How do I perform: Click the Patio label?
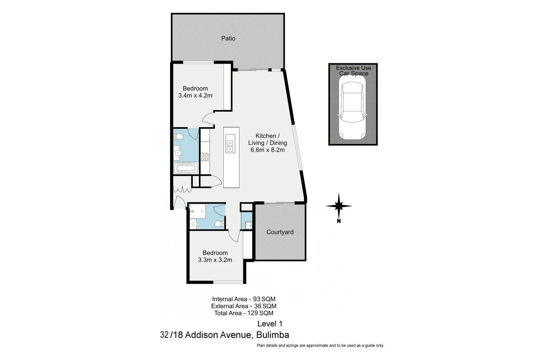pos(228,38)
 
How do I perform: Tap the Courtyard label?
pos(280,232)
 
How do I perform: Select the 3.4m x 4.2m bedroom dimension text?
pos(195,95)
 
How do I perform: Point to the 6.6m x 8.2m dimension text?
pos(267,150)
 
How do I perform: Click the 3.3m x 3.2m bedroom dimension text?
pos(215,260)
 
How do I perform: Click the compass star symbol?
pos(339,206)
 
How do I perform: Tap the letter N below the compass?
pos(339,221)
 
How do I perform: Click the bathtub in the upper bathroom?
pos(186,168)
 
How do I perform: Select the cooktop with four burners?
pos(204,157)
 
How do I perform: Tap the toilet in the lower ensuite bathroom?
pos(219,224)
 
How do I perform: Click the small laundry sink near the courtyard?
pos(248,226)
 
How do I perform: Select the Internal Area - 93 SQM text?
pos(244,299)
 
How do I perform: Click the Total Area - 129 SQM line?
pos(244,313)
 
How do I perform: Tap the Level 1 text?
pos(270,323)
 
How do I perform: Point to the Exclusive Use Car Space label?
pos(353,70)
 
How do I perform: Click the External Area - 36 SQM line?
pos(244,306)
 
